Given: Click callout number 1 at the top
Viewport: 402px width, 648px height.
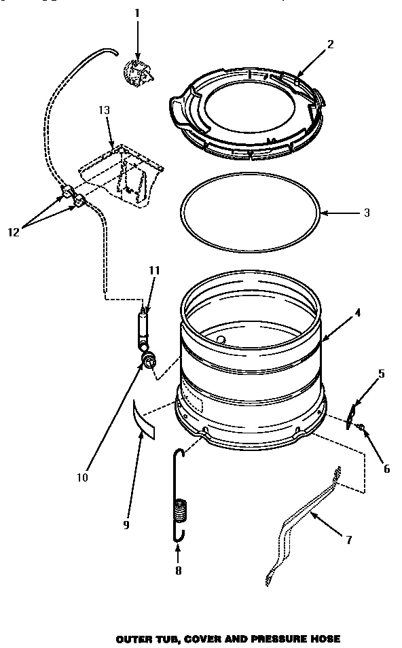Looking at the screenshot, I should [x=137, y=13].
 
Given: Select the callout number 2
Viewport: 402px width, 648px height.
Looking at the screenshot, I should [x=330, y=45].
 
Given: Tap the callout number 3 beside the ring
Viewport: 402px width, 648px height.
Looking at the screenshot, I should [x=366, y=213].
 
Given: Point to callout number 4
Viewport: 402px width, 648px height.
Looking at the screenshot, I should [x=357, y=313].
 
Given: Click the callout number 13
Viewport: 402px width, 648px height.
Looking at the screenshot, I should [x=105, y=110].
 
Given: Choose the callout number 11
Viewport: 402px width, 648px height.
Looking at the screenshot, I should [x=154, y=270].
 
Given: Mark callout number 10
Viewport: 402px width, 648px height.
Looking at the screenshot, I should [x=82, y=478].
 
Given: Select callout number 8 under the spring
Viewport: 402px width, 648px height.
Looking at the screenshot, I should [x=178, y=571].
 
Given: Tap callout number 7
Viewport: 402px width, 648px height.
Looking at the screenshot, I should [x=348, y=541].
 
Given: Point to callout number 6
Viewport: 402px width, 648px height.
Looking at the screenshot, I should [x=386, y=468].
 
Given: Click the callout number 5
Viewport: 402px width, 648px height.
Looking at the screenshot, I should [x=381, y=373].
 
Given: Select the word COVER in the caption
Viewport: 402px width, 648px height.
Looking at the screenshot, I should [x=195, y=639].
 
